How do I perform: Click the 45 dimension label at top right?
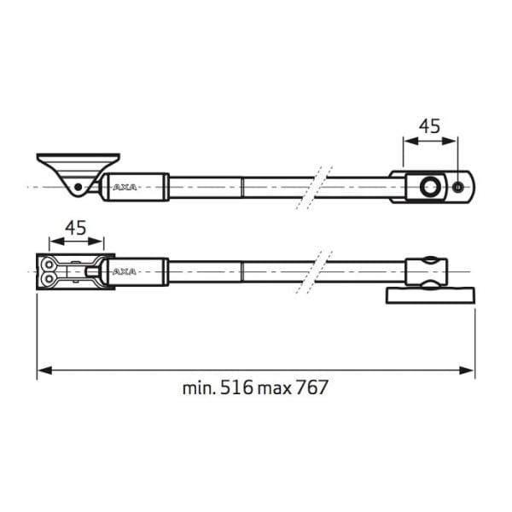coord(430,126)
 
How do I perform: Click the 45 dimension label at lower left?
coord(76,228)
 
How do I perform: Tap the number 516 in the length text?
coord(237,387)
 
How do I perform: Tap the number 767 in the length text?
coord(312,387)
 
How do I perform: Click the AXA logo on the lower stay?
coord(125,272)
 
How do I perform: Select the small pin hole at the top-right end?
coord(458,187)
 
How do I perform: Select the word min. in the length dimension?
coord(199,387)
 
